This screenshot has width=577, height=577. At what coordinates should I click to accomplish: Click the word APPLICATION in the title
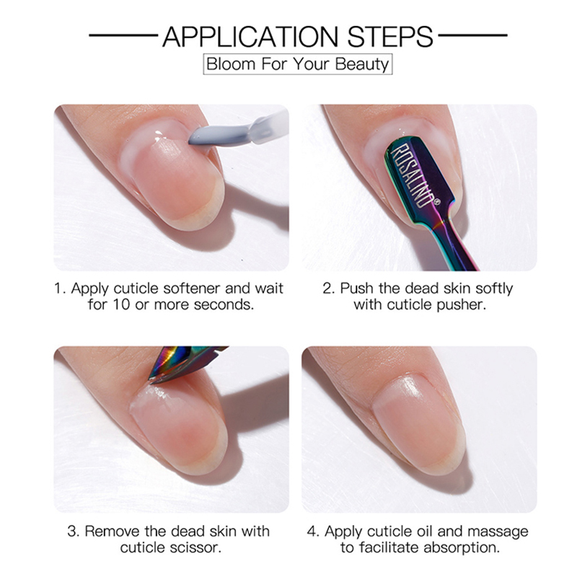click(x=250, y=37)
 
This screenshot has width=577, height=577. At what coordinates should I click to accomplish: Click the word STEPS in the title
click(x=390, y=37)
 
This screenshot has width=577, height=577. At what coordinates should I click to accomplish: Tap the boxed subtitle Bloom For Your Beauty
click(x=298, y=64)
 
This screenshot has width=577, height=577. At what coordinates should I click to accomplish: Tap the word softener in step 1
click(x=192, y=288)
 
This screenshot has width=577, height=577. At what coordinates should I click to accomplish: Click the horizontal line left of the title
click(x=123, y=35)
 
